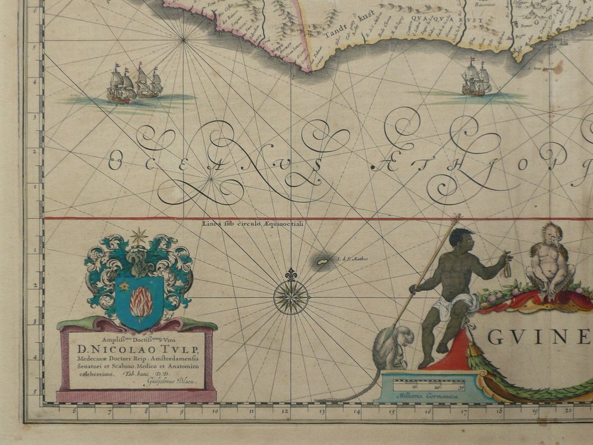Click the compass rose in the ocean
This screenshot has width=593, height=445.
291,297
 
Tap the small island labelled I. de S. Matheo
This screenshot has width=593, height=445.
322,263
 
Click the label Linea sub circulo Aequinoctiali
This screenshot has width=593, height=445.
254,223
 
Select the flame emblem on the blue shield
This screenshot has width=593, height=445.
141,303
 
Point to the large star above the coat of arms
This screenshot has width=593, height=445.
139,237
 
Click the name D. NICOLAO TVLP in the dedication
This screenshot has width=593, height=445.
137,350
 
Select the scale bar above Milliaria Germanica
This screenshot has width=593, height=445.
429,384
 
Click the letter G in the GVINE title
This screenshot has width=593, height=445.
493,338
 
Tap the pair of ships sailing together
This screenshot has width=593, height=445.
135,85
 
